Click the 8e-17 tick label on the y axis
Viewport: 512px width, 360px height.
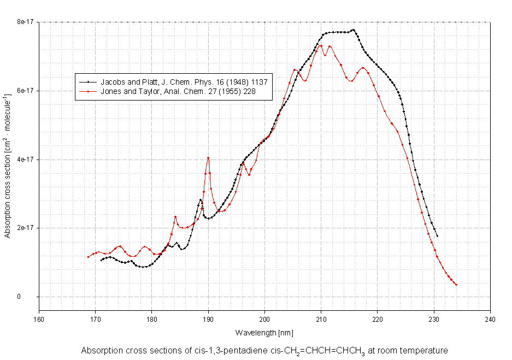pos(25,22)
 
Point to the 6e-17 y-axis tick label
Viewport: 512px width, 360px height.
pos(25,91)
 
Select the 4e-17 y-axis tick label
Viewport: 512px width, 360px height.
pos(25,160)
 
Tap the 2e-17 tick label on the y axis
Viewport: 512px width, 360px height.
pos(25,228)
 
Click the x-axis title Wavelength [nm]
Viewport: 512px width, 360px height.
pos(264,332)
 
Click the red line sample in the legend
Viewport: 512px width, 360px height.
pos(88,92)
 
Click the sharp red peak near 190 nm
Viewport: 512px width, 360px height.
pos(208,158)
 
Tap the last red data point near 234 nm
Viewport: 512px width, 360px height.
pos(456,285)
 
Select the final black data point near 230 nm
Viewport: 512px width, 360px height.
pos(437,236)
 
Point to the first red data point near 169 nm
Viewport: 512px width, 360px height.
pos(88,257)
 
